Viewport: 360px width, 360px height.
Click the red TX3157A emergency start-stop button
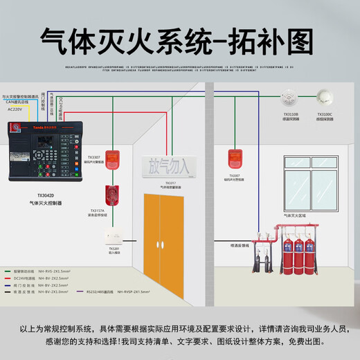pyautogui.click(x=109, y=195)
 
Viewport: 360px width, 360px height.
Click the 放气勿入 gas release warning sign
pyautogui.click(x=168, y=166)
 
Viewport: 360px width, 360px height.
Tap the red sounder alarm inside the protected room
pyautogui.click(x=233, y=159)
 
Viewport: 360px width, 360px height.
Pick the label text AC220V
pyautogui.click(x=16, y=109)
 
